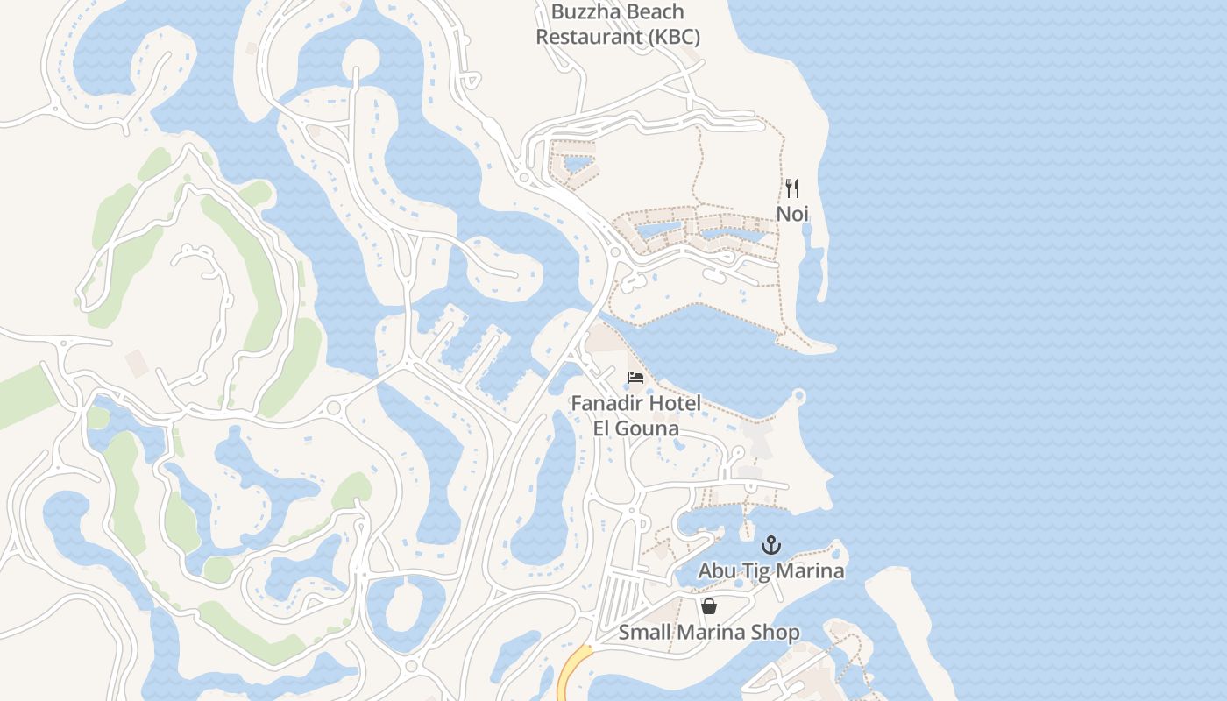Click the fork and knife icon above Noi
792,188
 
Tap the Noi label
792,214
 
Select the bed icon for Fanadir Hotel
635,378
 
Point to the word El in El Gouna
603,428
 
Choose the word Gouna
649,428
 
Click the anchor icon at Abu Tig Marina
770,546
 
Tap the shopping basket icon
709,606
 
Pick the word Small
644,633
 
